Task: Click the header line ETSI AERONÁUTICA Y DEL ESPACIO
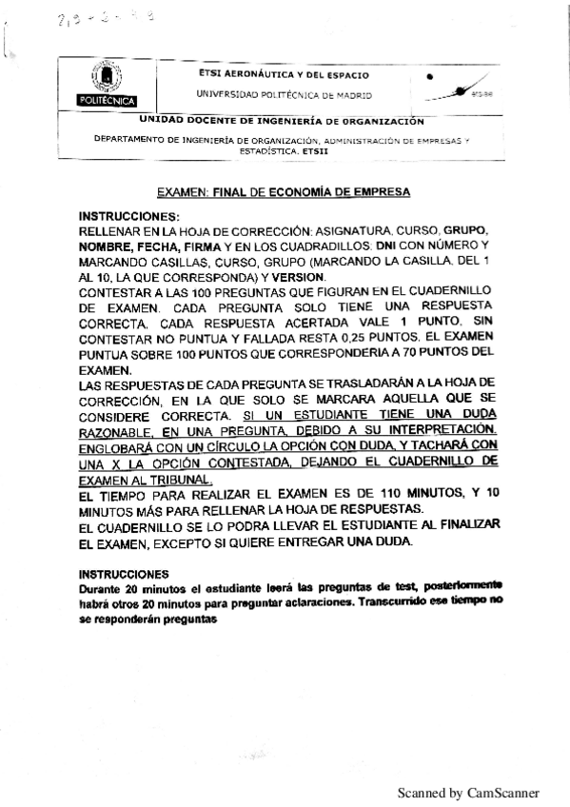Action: (x=285, y=73)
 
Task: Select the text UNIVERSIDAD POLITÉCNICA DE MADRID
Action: (x=285, y=95)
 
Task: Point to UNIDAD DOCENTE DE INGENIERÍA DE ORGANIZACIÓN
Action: (x=281, y=121)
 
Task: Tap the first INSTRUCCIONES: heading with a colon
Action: (x=128, y=217)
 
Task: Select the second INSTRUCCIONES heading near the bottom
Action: (x=124, y=574)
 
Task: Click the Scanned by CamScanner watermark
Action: (x=468, y=792)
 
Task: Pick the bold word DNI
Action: (x=385, y=245)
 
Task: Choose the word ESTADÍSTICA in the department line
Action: (x=266, y=150)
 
